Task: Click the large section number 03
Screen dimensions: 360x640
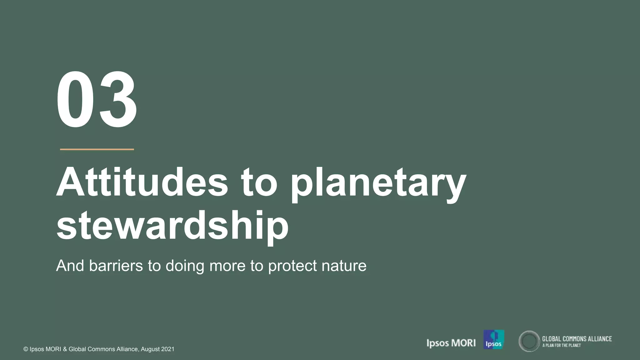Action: (x=97, y=100)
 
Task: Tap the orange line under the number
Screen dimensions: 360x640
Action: (x=97, y=149)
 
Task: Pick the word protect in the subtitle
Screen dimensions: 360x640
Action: (x=292, y=266)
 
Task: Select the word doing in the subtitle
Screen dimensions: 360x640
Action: (x=185, y=266)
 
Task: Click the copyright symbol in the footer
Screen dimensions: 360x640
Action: (x=26, y=349)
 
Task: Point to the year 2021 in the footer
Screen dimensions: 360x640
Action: (x=167, y=349)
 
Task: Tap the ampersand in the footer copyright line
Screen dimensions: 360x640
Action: (x=65, y=349)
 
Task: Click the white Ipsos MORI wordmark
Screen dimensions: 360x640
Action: (x=451, y=343)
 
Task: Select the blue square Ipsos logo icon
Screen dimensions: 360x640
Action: (x=494, y=339)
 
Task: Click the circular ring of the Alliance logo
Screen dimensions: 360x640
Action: (x=529, y=341)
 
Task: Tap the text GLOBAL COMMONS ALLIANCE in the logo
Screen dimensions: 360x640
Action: (x=577, y=339)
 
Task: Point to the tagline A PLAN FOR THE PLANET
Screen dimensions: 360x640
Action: (x=562, y=345)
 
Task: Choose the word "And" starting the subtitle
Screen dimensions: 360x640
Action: (x=70, y=266)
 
